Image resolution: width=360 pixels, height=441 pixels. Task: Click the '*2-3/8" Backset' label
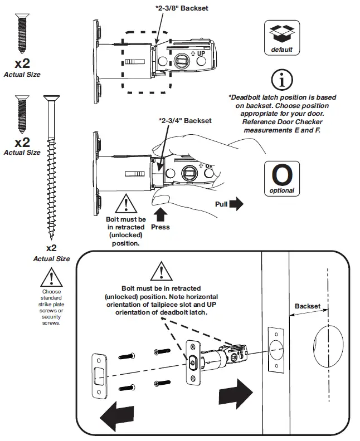pos(182,9)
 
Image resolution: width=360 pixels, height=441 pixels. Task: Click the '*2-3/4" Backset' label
pos(185,120)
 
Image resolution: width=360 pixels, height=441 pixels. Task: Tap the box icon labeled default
pos(281,38)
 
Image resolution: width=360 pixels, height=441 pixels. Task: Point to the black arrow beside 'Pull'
pos(236,204)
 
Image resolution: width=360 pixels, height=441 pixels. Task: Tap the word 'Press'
pos(160,227)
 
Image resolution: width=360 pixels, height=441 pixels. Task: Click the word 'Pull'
pos(222,204)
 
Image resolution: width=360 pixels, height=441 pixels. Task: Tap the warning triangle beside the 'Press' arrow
pos(127,203)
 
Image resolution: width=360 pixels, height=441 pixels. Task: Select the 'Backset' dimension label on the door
pos(307,306)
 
